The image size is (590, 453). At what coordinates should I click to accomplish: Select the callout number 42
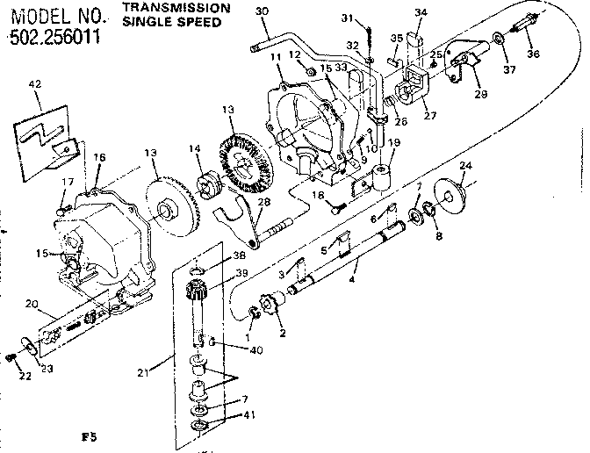[x=35, y=85]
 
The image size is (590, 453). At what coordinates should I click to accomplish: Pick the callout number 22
[x=11, y=377]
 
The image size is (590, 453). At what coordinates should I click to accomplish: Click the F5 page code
[x=86, y=435]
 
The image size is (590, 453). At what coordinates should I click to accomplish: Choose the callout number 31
[x=371, y=18]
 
